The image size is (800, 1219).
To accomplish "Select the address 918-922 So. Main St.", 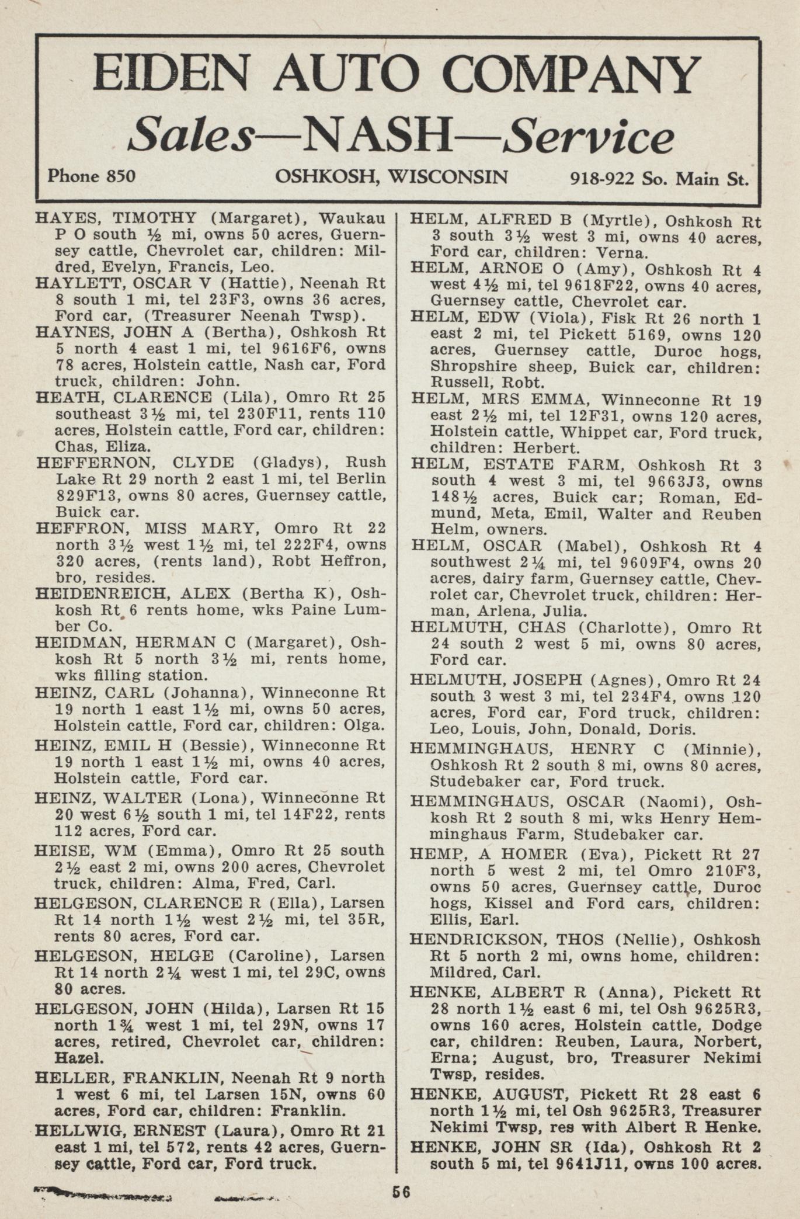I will click(659, 178).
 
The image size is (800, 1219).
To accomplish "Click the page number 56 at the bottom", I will click(401, 1192).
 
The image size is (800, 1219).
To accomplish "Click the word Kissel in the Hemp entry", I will click(508, 904).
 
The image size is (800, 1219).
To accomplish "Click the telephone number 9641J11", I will click(592, 1164).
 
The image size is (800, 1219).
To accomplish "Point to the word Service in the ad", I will click(590, 137).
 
